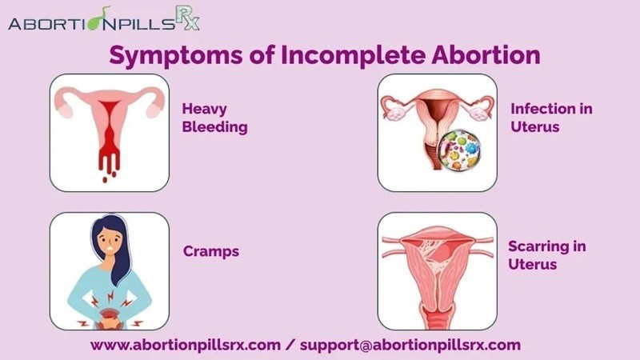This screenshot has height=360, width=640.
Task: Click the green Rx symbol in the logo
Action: tap(188, 18)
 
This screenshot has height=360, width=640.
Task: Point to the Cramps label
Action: tap(211, 251)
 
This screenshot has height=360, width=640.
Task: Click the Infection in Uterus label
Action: tap(551, 118)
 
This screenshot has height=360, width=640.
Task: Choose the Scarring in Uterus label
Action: tap(547, 255)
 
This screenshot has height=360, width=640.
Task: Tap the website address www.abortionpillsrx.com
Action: tap(186, 345)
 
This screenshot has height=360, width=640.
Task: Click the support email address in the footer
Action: tap(410, 345)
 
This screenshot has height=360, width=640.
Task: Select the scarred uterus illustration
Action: tap(437, 271)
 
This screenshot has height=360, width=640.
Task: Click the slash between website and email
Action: tap(290, 345)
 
